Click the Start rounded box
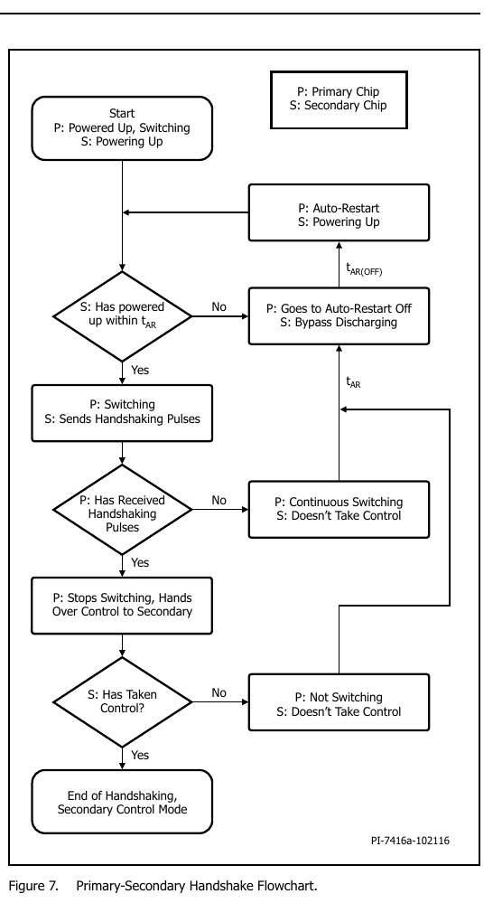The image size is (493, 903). (x=122, y=127)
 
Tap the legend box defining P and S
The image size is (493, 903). (x=339, y=99)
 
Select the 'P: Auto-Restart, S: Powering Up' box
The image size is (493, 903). (x=339, y=212)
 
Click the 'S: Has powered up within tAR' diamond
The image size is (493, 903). (x=122, y=316)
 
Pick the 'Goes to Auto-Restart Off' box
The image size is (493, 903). (x=339, y=315)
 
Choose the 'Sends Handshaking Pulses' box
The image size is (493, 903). (x=122, y=413)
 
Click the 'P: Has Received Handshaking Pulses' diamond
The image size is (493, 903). (x=122, y=510)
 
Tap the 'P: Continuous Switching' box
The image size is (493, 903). (x=339, y=509)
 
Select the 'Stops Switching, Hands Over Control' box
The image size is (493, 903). (x=122, y=606)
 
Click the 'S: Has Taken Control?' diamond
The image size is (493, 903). (x=122, y=702)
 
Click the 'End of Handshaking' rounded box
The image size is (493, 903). (x=122, y=802)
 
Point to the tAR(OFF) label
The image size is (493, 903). (x=364, y=268)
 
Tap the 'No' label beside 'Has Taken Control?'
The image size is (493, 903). (x=219, y=692)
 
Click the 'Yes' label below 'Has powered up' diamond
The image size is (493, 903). (x=140, y=371)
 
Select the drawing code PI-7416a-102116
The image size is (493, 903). (x=410, y=841)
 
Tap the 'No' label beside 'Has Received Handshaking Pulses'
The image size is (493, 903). (x=219, y=501)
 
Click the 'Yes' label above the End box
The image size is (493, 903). (x=140, y=755)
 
